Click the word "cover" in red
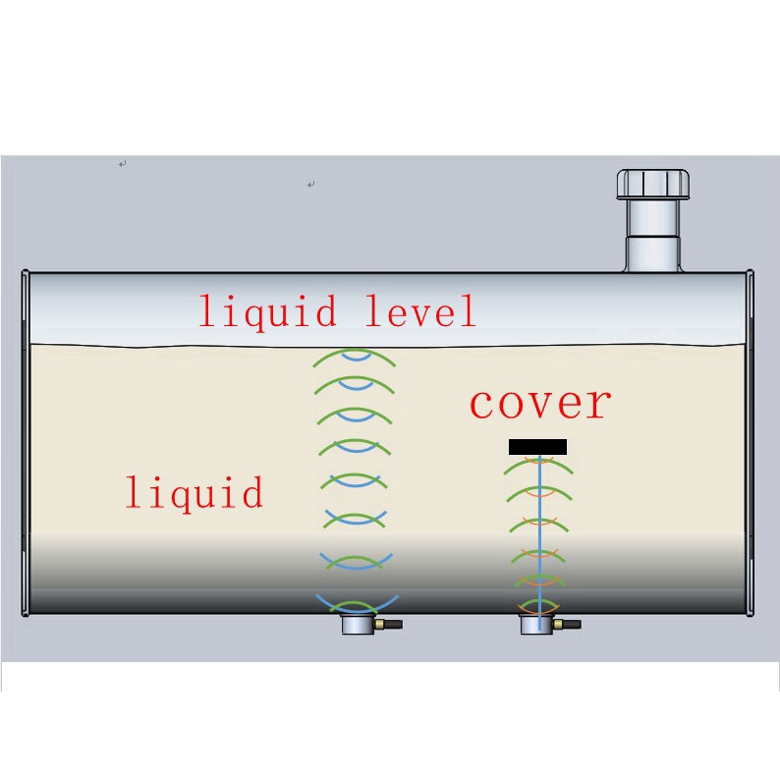click(539, 403)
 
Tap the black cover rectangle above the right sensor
click(537, 447)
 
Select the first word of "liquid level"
click(267, 312)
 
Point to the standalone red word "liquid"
click(194, 491)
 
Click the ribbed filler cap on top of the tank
click(655, 185)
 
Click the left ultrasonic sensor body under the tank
click(358, 625)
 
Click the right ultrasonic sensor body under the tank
click(536, 625)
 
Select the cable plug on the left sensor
click(390, 624)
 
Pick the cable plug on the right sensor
click(569, 624)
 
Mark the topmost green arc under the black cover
click(537, 465)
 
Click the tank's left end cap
click(26, 442)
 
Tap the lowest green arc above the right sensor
click(537, 602)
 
